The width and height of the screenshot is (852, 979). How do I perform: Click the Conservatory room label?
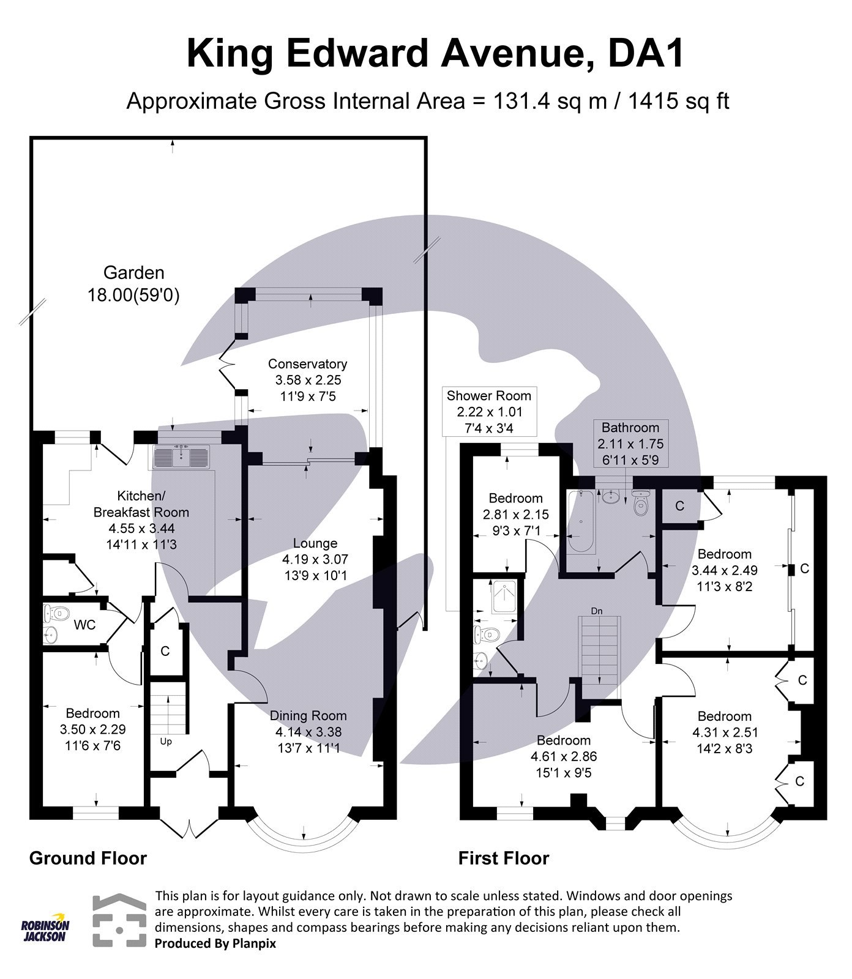307,364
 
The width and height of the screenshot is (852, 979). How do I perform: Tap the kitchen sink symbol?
182,457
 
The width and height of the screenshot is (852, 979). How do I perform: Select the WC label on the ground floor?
84,625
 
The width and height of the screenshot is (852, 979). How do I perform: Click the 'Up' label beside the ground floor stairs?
165,742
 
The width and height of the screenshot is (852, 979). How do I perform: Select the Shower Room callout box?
492,411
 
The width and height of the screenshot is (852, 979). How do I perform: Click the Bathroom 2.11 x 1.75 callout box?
630,443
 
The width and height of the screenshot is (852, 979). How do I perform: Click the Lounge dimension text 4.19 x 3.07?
315,559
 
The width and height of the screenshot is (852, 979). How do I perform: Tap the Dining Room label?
308,715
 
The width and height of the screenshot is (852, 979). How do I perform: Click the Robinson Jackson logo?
45,930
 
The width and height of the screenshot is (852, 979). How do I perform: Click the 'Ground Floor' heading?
88,858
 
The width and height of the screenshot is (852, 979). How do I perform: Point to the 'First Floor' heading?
503,858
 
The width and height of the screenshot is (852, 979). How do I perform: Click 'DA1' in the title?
645,54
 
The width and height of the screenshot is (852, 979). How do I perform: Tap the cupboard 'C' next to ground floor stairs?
165,651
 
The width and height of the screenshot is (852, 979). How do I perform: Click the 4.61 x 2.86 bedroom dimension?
564,756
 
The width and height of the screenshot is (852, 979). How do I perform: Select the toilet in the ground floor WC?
58,611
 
